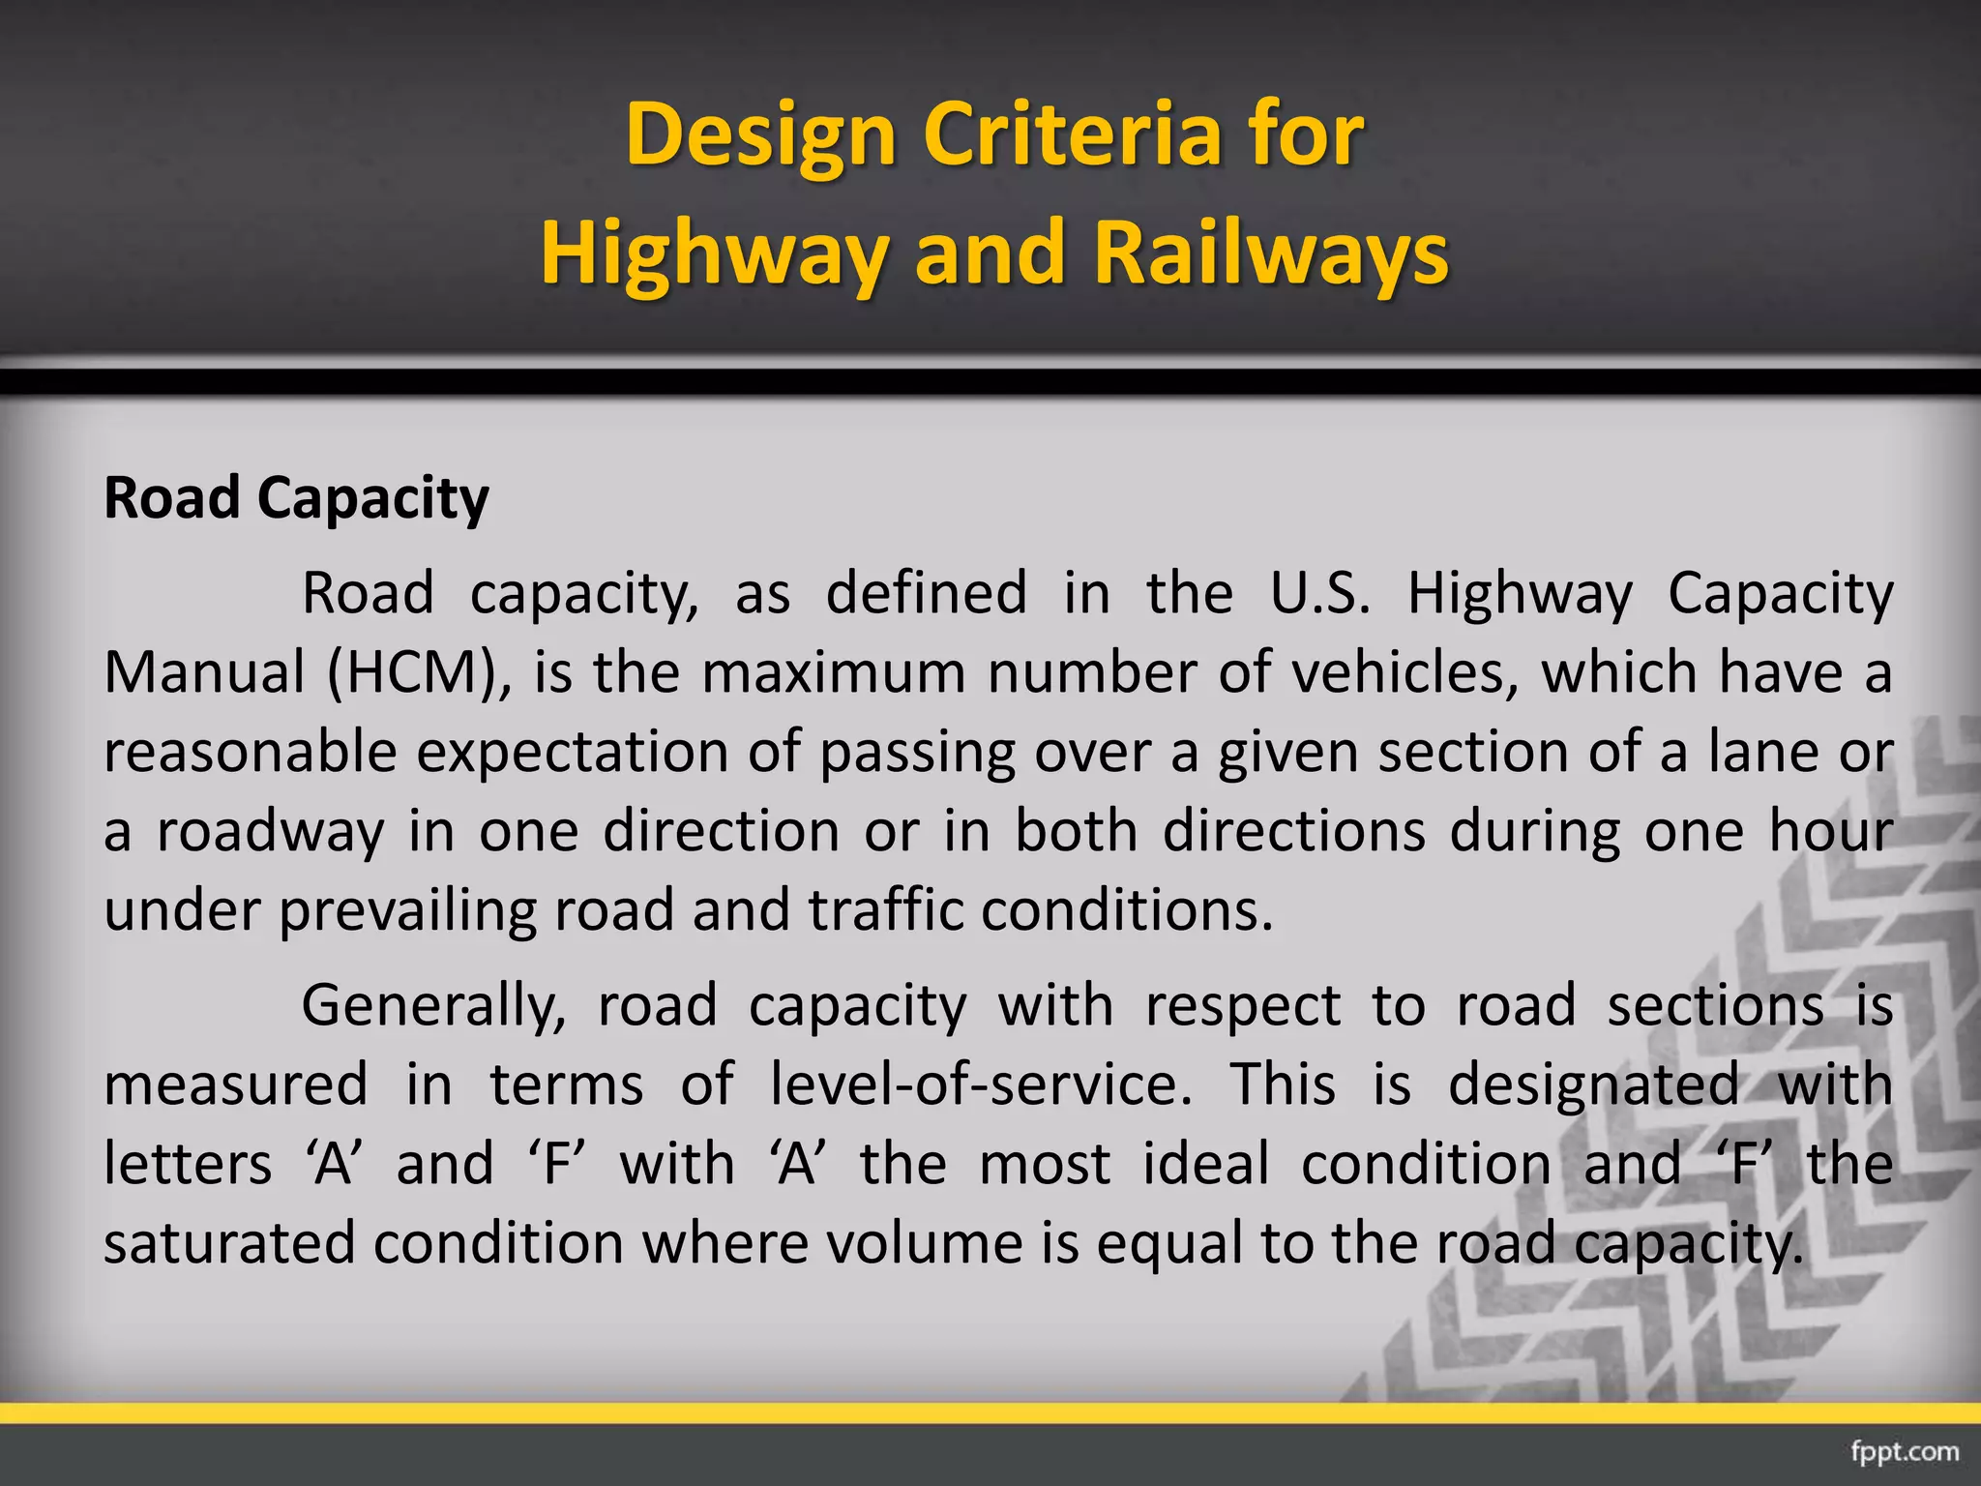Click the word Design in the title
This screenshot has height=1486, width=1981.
coord(761,135)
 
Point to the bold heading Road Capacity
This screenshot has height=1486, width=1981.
coord(296,499)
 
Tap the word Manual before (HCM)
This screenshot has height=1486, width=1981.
coord(204,672)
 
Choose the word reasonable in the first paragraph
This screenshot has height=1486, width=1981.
coord(251,752)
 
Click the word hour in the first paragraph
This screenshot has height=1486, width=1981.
coord(1830,831)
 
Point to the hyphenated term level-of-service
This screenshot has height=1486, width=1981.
coord(981,1085)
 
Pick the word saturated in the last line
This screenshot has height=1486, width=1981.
coord(229,1244)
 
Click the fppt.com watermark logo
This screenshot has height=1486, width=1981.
coord(1905,1451)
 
